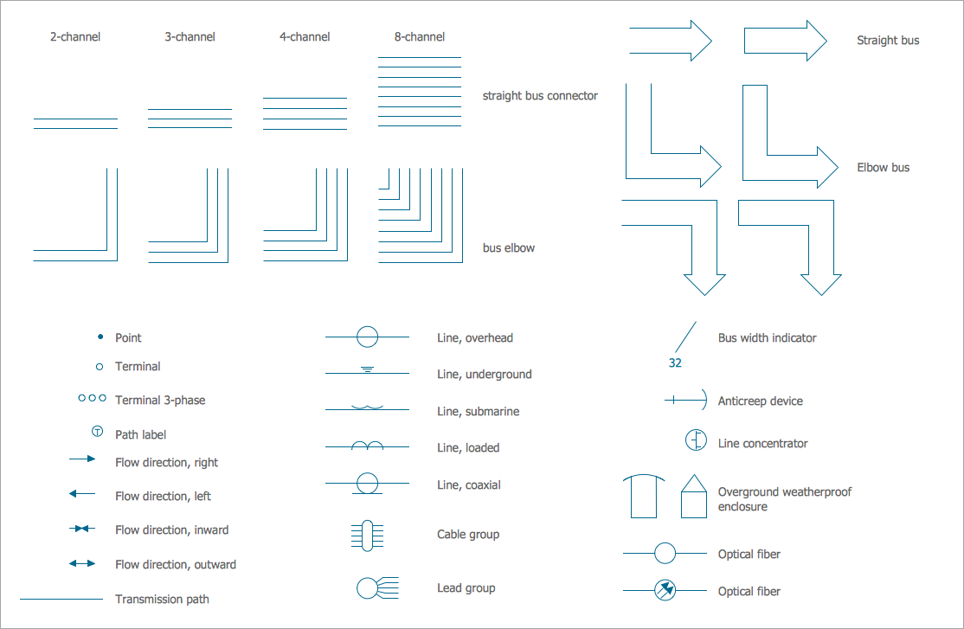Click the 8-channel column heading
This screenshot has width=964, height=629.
420,37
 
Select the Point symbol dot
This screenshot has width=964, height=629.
101,337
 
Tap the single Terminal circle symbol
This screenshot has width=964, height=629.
100,367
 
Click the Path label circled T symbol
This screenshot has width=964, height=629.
97,432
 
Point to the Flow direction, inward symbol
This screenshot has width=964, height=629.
81,529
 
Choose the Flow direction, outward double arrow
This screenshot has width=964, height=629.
81,563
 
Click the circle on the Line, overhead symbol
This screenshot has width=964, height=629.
367,337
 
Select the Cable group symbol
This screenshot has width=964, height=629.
367,536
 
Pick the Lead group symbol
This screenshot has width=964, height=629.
377,588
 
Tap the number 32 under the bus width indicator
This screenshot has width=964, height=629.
675,363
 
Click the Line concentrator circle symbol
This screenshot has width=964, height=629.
696,440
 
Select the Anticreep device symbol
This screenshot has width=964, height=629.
686,401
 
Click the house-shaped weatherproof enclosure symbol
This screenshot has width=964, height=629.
693,496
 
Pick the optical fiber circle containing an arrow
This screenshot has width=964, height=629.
665,590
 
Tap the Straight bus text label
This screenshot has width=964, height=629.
888,41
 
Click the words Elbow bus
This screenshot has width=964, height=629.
883,167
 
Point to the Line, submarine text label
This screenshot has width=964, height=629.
478,411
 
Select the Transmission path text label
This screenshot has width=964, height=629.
162,599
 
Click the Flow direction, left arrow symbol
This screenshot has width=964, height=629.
81,493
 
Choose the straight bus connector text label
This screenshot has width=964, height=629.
540,96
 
